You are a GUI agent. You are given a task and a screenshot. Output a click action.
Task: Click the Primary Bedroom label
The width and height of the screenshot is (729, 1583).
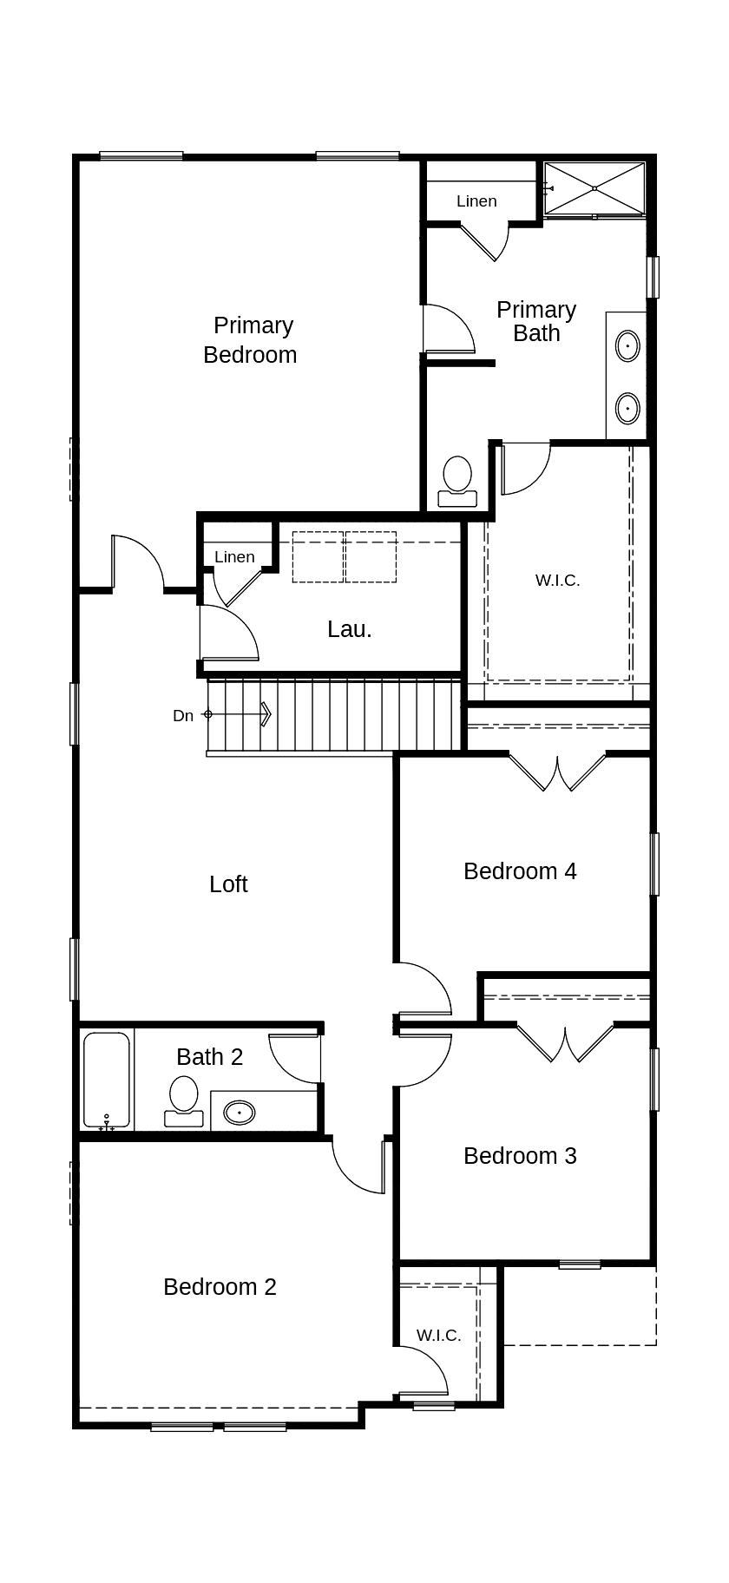point(251,339)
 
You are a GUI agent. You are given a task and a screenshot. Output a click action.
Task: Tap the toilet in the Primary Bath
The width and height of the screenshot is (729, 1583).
point(457,482)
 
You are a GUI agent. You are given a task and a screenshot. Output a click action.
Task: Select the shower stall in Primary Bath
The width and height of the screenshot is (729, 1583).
point(594,187)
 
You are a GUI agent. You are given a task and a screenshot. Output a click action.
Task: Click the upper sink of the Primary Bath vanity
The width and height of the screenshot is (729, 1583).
point(627,345)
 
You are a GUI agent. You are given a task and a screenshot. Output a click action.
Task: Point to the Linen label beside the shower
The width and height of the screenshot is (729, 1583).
point(476,200)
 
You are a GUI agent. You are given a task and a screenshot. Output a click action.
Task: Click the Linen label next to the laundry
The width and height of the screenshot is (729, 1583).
point(234,556)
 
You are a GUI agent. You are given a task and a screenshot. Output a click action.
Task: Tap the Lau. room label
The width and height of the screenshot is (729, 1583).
point(350,629)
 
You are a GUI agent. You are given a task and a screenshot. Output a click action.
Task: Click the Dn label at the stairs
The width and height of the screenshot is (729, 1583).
point(183,715)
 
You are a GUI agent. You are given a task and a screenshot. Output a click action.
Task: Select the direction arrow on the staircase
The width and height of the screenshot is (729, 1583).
point(237,714)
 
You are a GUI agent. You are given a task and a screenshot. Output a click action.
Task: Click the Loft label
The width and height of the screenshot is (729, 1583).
point(228,883)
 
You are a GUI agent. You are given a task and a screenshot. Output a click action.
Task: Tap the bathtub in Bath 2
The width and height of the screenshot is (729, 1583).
point(107,1080)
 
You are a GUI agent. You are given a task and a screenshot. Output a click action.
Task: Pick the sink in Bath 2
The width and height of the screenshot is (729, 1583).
point(239,1112)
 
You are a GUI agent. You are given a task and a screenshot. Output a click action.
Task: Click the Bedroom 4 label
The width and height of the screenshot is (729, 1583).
point(520,870)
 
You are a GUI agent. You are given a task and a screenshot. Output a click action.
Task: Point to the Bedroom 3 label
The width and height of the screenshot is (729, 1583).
point(520,1155)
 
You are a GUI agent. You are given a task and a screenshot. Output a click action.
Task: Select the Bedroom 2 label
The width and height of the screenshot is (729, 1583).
point(220,1286)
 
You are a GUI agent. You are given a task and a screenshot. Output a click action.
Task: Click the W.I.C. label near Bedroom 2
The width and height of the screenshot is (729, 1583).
point(438,1335)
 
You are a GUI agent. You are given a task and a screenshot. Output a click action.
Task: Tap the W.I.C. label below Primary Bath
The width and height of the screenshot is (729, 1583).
point(557,580)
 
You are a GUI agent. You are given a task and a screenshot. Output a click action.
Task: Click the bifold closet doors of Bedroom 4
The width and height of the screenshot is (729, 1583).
point(557,772)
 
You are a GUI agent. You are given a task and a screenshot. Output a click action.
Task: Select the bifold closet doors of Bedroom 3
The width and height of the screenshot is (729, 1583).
point(565,1043)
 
